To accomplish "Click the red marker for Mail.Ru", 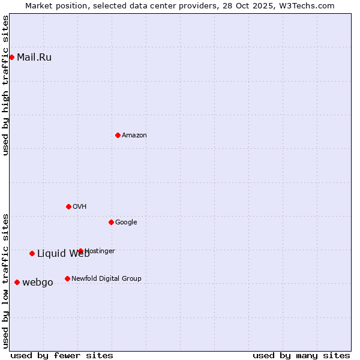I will [x=11, y=57].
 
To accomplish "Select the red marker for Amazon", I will [x=118, y=135].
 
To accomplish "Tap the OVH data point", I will [x=68, y=206].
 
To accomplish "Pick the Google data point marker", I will [x=111, y=222].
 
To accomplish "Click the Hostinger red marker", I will [x=80, y=251].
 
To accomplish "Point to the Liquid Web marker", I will [x=32, y=253].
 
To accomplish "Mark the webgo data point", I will [x=17, y=282].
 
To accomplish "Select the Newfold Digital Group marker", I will [x=67, y=278].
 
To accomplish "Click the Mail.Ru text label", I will [x=34, y=58].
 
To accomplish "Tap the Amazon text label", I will [x=134, y=136].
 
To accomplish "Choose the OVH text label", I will [x=80, y=207].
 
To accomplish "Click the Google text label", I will [x=126, y=223].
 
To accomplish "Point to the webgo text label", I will [x=38, y=283].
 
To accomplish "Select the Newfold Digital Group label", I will [x=106, y=278].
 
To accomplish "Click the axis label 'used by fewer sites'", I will [x=62, y=355].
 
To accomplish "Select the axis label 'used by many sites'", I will [x=301, y=355].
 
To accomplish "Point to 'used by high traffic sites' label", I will [x=5, y=85].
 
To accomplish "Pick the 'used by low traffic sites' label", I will [x=5, y=281].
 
